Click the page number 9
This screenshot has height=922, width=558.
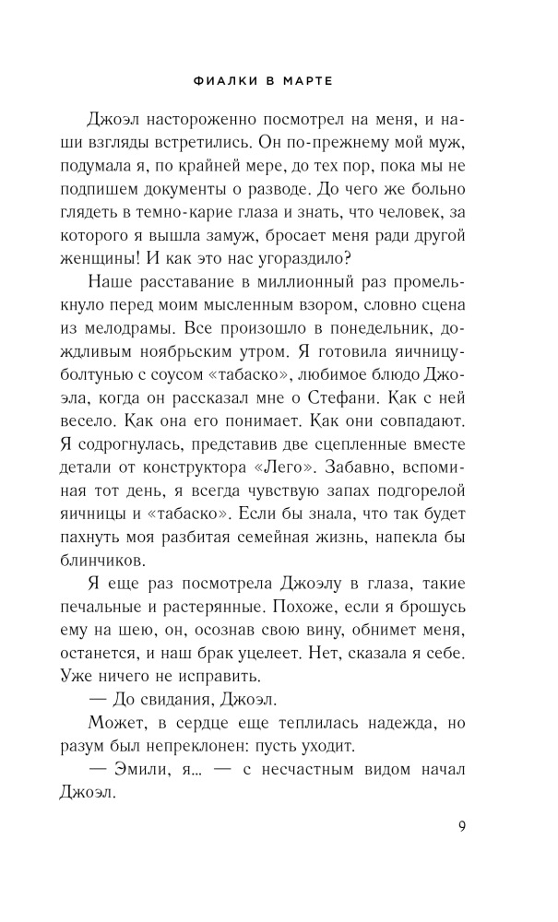click(x=462, y=825)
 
